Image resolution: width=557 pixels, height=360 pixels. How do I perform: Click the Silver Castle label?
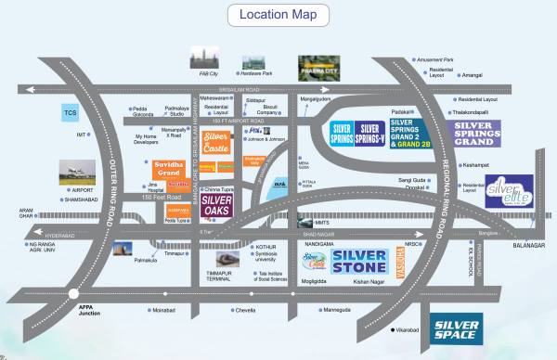[x=215, y=142]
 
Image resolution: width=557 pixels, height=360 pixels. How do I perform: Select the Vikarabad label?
[x=408, y=329]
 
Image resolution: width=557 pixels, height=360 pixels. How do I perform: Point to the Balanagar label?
[x=525, y=245]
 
